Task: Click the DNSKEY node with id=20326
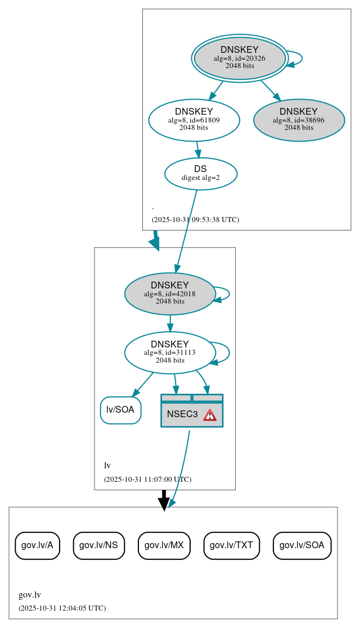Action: click(240, 58)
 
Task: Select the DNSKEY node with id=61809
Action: click(194, 120)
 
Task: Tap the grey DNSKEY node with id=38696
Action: click(299, 120)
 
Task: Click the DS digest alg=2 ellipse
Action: click(200, 173)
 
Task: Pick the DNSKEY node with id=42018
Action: click(170, 293)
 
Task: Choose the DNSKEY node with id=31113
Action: click(170, 353)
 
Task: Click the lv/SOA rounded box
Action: click(120, 410)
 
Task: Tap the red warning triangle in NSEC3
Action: click(210, 415)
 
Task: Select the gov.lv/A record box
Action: click(37, 545)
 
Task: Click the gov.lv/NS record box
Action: click(98, 545)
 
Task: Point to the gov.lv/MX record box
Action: click(164, 545)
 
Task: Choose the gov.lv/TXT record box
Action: click(231, 545)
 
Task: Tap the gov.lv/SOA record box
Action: click(302, 545)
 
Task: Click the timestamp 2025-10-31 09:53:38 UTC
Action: click(195, 220)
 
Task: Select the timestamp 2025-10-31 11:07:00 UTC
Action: click(147, 480)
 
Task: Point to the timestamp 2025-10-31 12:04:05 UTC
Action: click(62, 608)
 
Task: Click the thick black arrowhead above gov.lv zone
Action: click(164, 504)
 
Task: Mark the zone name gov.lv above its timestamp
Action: click(30, 595)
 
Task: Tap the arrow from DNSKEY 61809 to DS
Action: click(197, 149)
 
